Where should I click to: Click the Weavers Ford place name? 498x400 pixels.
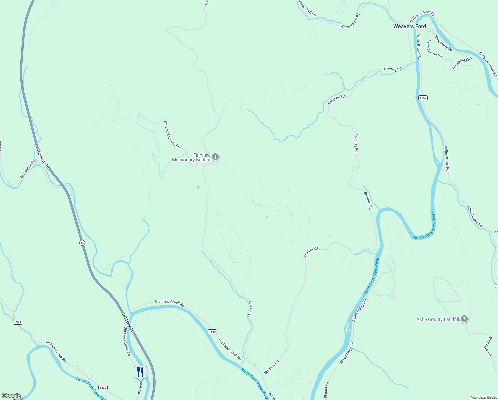409,26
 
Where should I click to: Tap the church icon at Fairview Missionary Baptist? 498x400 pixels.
215,157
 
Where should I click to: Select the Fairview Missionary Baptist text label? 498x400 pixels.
191,158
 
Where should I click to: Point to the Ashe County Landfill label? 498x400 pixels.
438,319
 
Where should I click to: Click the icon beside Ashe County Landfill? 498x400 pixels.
464,319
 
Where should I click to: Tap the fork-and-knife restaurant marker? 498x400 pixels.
140,372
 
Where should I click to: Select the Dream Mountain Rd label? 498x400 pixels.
172,134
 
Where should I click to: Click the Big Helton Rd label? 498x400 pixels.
27,169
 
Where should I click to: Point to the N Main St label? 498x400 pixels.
250,309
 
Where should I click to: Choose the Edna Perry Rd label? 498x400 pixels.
443,43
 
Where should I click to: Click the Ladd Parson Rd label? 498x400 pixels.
434,49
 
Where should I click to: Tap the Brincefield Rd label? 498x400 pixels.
462,63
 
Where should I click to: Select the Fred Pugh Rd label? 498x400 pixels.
488,346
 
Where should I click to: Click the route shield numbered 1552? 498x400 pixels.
423,98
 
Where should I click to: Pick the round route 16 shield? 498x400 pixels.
82,243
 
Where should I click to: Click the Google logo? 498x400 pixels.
11,396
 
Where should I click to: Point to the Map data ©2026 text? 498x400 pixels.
483,397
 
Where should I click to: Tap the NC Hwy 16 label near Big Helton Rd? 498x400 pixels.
43,159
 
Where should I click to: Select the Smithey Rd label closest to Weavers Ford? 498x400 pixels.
392,69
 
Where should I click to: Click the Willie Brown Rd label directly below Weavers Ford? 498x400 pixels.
418,47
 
